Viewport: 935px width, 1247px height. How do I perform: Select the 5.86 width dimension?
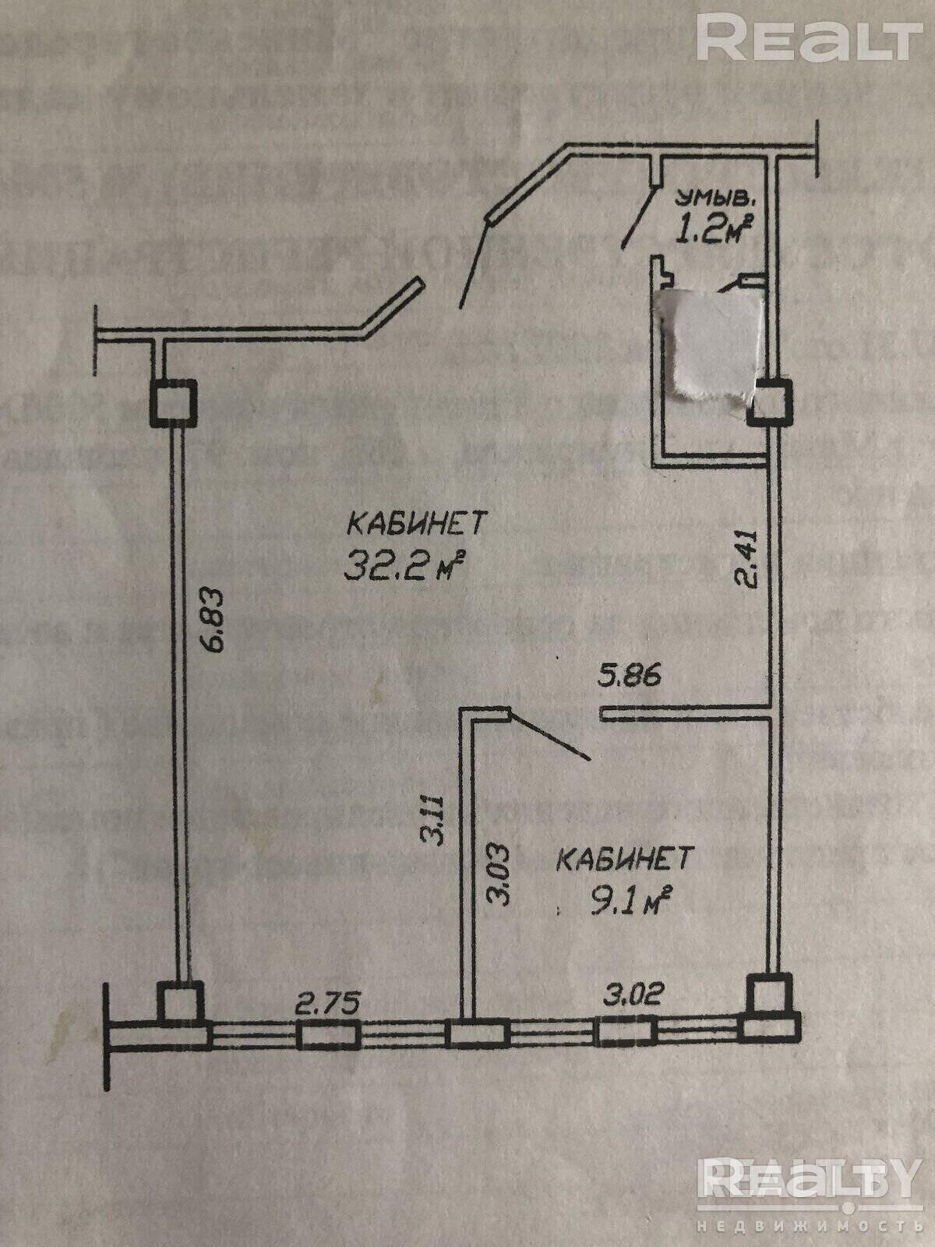[x=630, y=673]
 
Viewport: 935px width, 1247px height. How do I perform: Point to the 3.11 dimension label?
[x=432, y=821]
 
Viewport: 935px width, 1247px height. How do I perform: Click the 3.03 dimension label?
[x=499, y=874]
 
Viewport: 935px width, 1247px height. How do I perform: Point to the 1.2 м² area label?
[x=712, y=228]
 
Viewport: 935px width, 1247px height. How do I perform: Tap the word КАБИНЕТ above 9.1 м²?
[x=625, y=859]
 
